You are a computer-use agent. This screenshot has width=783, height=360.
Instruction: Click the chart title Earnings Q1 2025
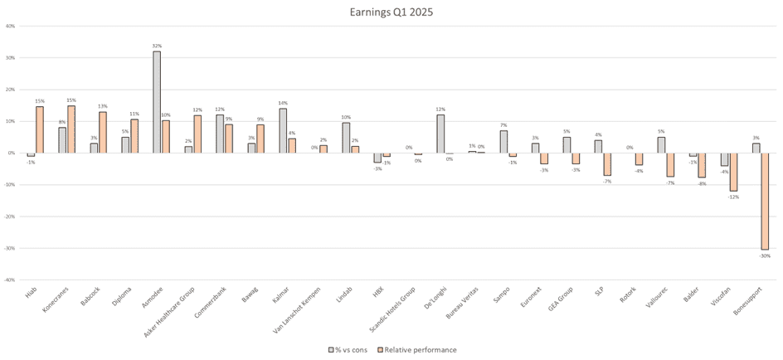coord(391,12)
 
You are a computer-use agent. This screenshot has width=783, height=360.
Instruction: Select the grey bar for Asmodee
coord(157,102)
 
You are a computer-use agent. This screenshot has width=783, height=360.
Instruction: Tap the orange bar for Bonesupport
coord(765,202)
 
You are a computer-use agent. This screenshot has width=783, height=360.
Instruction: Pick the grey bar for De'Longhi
coord(440,134)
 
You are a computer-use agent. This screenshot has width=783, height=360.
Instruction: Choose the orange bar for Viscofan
coord(733,172)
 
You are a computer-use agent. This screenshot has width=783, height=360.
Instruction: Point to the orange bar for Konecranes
coord(71,129)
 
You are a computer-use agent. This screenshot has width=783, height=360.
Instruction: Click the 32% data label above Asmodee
coord(157,46)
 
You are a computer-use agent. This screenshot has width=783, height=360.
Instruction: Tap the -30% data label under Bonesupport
coord(765,256)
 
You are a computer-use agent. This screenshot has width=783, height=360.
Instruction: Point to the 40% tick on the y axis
coord(11,26)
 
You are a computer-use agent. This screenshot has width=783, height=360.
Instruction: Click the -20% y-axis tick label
coord(11,216)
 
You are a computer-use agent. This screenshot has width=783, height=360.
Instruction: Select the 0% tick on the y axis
coord(12,153)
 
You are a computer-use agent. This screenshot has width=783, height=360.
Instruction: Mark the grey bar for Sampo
coord(503,142)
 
